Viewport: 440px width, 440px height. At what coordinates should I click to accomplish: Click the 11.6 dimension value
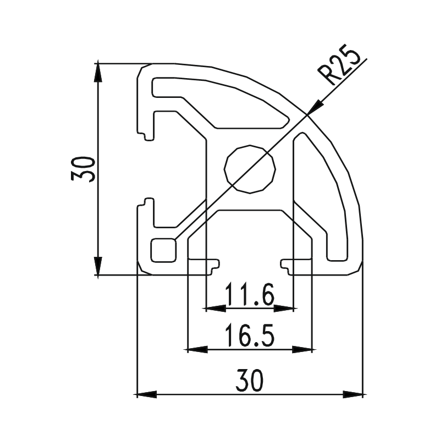pyautogui.click(x=249, y=297)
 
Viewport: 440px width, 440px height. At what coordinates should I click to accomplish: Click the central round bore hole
pyautogui.click(x=250, y=169)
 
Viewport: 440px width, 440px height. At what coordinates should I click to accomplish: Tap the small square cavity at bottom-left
pyautogui.click(x=163, y=250)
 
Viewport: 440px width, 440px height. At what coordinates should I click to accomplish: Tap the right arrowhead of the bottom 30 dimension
pyautogui.click(x=354, y=394)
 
